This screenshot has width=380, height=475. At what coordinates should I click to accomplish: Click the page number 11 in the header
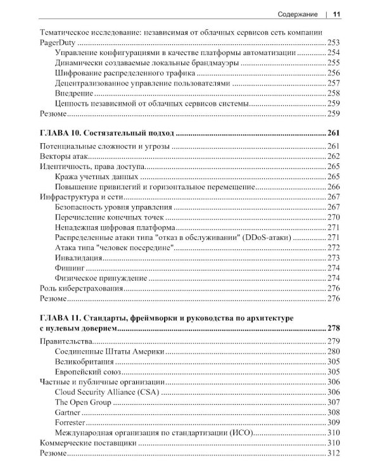click(x=337, y=15)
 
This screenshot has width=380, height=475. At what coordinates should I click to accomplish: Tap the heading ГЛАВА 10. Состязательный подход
click(x=107, y=133)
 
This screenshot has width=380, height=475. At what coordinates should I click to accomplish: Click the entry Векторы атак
click(x=63, y=156)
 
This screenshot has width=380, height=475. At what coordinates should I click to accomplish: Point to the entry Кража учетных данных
click(x=97, y=177)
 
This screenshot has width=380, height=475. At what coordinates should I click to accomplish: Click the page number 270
click(x=334, y=217)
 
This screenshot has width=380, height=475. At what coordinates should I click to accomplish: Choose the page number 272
click(x=334, y=248)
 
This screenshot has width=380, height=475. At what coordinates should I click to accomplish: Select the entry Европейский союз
click(x=89, y=372)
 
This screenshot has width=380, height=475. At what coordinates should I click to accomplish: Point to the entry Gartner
click(x=68, y=412)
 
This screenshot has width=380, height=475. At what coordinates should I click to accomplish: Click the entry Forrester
click(x=70, y=422)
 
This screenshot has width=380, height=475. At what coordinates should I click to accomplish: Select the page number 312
click(x=334, y=453)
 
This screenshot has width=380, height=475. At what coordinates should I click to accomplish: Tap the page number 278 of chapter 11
click(x=333, y=328)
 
